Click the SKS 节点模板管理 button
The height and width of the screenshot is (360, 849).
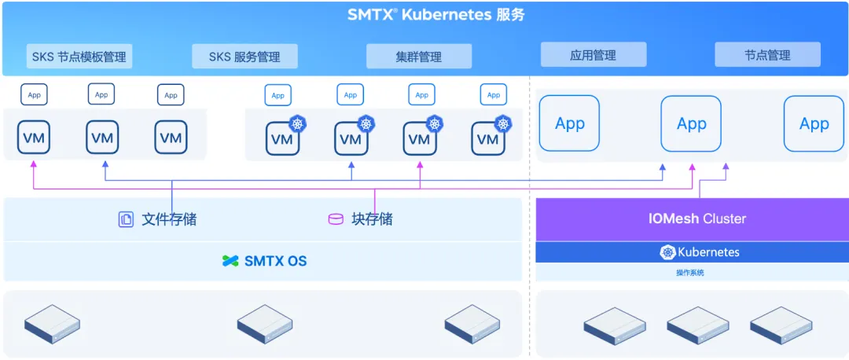(x=79, y=57)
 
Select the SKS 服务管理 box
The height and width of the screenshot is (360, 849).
(x=244, y=57)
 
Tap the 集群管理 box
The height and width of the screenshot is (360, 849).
(x=419, y=57)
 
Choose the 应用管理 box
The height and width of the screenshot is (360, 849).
(x=594, y=55)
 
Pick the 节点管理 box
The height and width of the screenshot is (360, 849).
(x=768, y=55)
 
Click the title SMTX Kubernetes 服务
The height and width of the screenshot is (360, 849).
(x=436, y=15)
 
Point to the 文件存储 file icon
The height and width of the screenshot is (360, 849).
(x=126, y=219)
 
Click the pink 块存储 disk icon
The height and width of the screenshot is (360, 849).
(x=336, y=219)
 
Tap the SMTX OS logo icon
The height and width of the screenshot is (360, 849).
(x=230, y=261)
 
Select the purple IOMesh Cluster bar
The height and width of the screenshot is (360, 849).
(x=693, y=219)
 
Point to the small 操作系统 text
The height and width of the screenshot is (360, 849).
(x=690, y=273)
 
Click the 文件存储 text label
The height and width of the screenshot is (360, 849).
(x=169, y=219)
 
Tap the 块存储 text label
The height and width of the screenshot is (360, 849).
(x=373, y=219)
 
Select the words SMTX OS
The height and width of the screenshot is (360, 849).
(x=276, y=261)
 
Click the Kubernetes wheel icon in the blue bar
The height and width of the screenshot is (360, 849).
(x=667, y=252)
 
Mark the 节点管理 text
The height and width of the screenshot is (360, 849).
(x=768, y=55)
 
